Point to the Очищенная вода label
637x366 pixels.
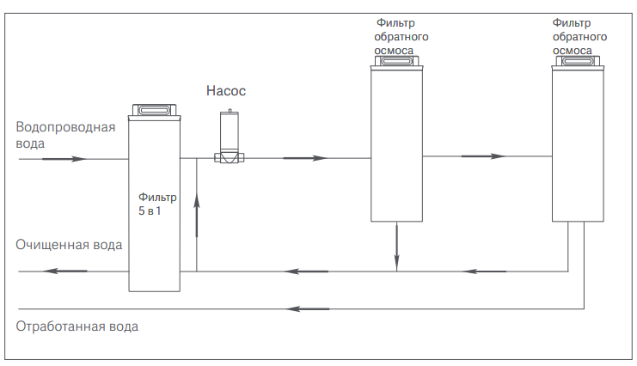pos(69,245)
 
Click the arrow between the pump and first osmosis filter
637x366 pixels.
pos(305,158)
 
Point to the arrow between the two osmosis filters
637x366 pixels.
pos(482,156)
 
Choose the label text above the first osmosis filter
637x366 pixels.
pos(401,37)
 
